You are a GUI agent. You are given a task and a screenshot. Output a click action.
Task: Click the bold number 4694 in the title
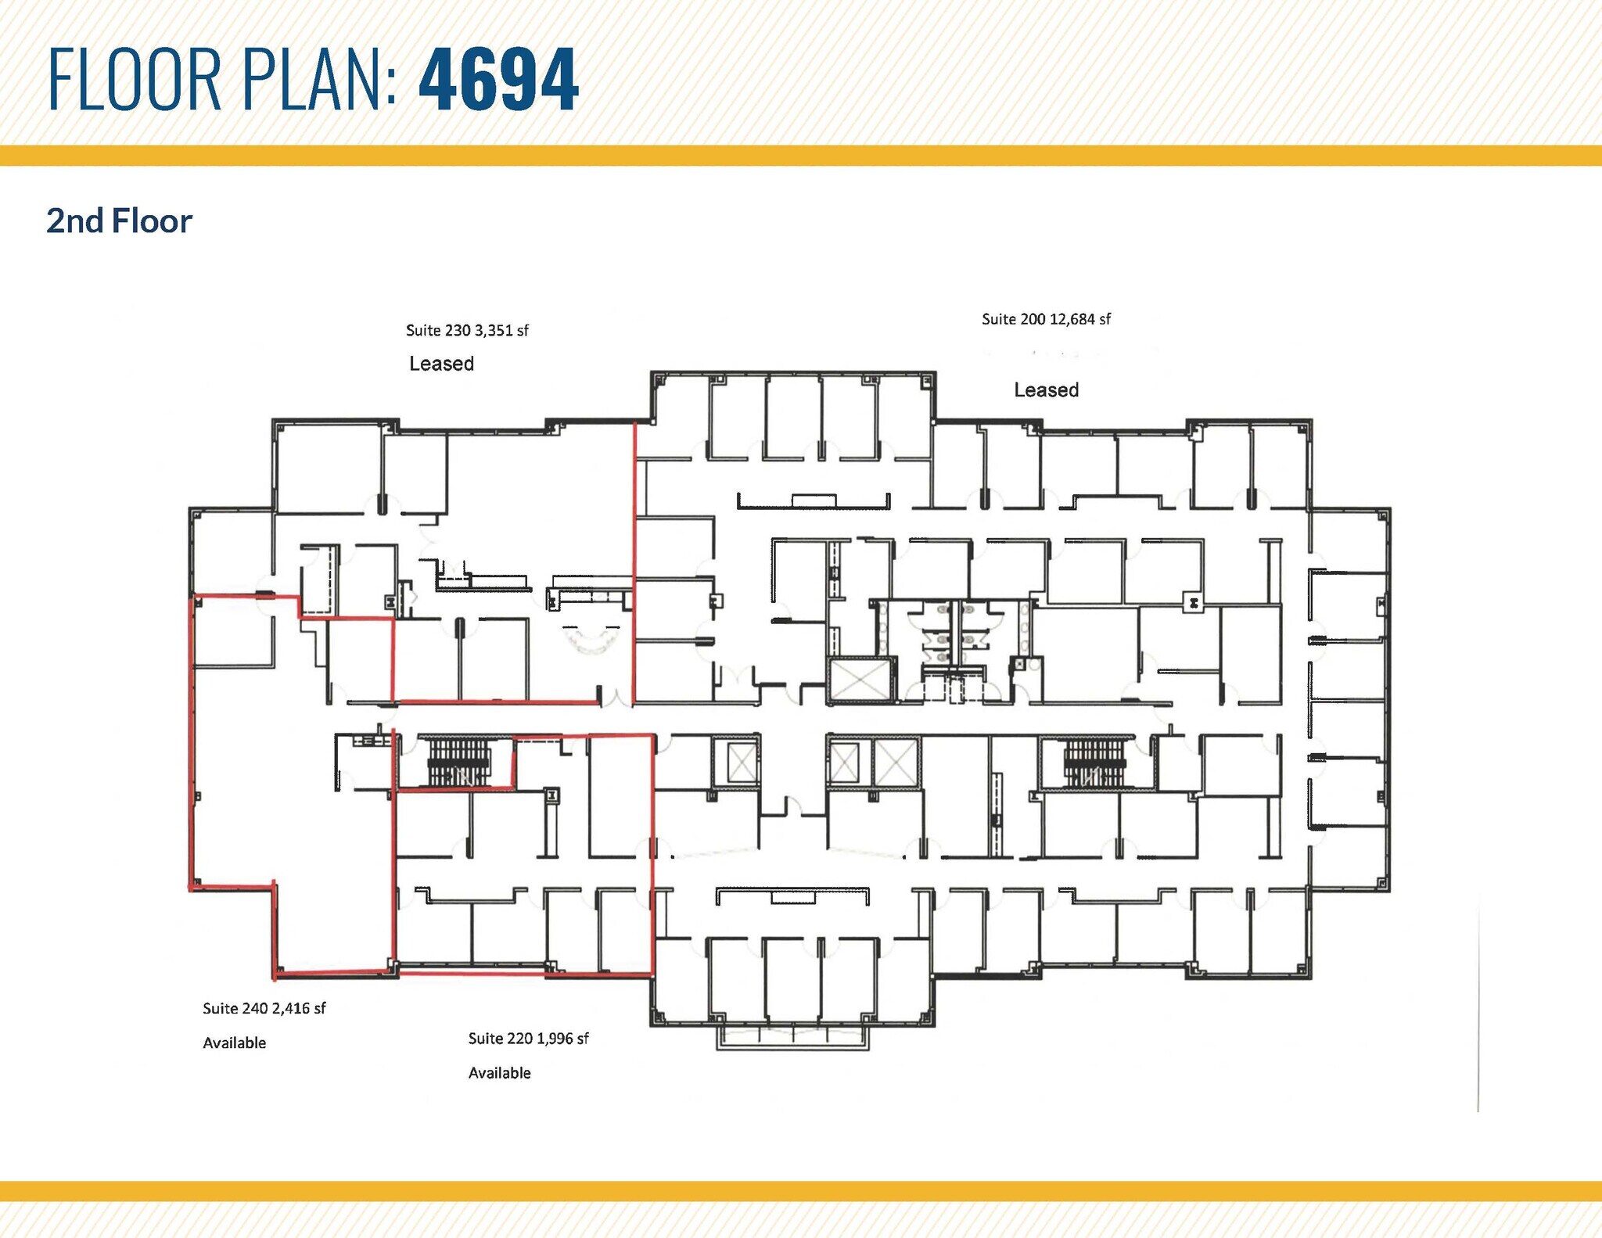pyautogui.click(x=498, y=80)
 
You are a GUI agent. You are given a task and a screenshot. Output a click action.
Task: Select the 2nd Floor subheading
pyautogui.click(x=119, y=221)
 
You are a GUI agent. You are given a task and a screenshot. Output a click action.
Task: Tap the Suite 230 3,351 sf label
pyautogui.click(x=467, y=331)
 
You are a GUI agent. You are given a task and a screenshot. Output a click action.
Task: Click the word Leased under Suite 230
pyautogui.click(x=441, y=364)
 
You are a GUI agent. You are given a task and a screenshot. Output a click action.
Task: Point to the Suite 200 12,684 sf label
pyautogui.click(x=1046, y=319)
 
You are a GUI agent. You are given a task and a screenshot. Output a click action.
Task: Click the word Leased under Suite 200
pyautogui.click(x=1046, y=390)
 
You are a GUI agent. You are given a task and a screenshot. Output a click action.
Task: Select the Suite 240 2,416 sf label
pyautogui.click(x=264, y=1009)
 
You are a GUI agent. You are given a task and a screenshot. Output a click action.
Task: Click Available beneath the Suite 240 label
pyautogui.click(x=234, y=1043)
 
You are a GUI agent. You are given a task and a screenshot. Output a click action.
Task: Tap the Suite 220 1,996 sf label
pyautogui.click(x=528, y=1039)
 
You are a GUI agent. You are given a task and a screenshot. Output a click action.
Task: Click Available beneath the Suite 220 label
pyautogui.click(x=499, y=1073)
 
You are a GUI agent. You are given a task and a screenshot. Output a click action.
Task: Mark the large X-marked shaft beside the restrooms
pyautogui.click(x=860, y=680)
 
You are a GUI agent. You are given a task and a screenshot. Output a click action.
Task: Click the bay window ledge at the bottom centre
pyautogui.click(x=792, y=1036)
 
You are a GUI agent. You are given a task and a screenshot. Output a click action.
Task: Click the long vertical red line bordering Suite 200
pyautogui.click(x=634, y=563)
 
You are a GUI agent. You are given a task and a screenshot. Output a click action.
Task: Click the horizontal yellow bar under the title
pyautogui.click(x=801, y=156)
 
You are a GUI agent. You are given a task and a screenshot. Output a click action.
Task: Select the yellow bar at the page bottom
pyautogui.click(x=801, y=1191)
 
